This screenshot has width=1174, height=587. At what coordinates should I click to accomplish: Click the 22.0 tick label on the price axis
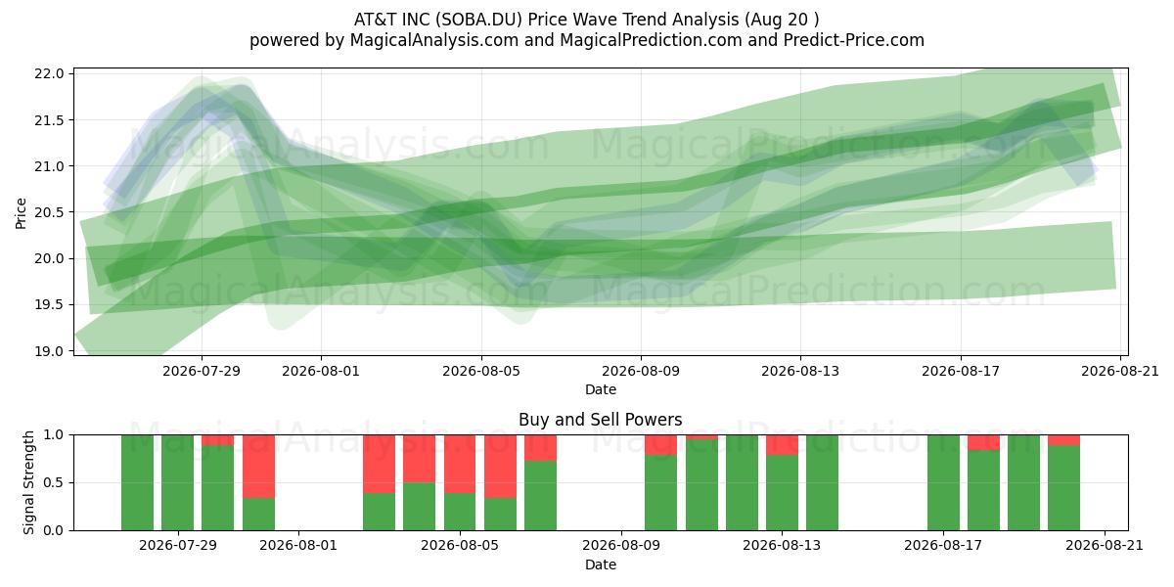[x=49, y=74]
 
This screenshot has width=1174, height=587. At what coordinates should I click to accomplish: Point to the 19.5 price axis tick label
[x=49, y=305]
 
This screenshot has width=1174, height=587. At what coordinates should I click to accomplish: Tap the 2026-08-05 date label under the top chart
[x=481, y=371]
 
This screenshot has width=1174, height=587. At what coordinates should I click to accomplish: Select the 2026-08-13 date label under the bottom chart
[x=782, y=545]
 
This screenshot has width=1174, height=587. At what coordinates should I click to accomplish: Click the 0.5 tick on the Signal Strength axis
[x=53, y=482]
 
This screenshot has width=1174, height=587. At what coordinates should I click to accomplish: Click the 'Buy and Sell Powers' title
[x=600, y=420]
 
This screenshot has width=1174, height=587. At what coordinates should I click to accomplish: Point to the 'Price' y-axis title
[x=21, y=213]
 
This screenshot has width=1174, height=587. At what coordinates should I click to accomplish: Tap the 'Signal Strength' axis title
[x=28, y=482]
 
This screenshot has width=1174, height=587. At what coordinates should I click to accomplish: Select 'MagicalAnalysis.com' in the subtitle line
[x=434, y=40]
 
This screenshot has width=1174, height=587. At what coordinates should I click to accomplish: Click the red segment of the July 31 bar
[x=258, y=467]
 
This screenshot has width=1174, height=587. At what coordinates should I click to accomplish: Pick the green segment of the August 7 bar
[x=540, y=496]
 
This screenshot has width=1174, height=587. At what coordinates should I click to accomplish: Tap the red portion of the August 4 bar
[x=420, y=459]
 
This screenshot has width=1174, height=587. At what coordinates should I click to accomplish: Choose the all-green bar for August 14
[x=822, y=482]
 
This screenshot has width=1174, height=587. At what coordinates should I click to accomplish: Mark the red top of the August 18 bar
[x=983, y=442]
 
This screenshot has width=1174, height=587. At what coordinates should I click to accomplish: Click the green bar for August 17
[x=943, y=482]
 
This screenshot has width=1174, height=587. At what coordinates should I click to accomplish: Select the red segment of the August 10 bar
[x=661, y=445]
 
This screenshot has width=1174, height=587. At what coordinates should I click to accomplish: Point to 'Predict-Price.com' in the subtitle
[x=854, y=40]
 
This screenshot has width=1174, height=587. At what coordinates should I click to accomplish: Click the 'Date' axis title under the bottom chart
[x=601, y=564]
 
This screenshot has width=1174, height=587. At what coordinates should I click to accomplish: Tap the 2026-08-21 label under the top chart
[x=1120, y=371]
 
